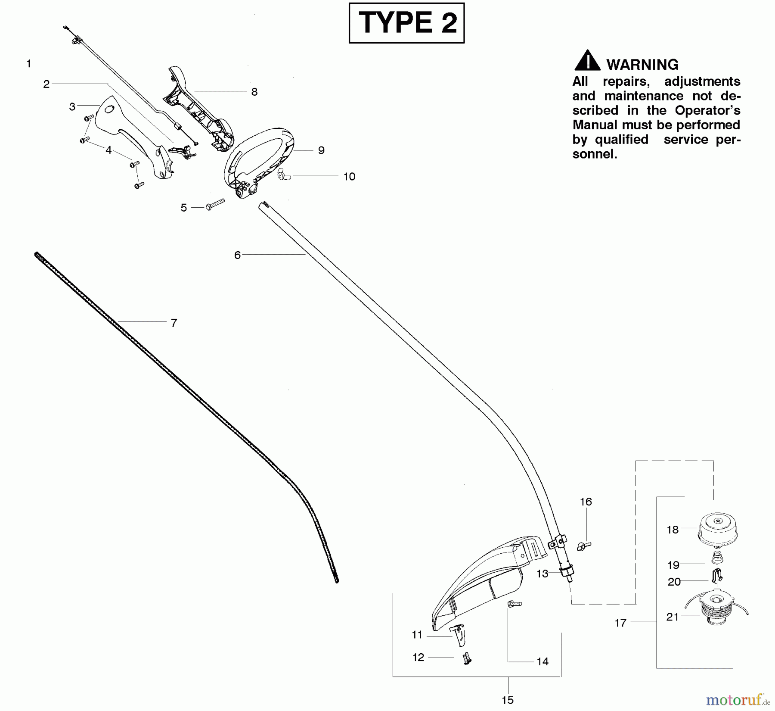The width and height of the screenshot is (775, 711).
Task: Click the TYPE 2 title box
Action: [x=406, y=23]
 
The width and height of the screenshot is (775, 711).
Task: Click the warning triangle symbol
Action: [x=587, y=61]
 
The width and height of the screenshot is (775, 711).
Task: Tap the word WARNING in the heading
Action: [x=642, y=65]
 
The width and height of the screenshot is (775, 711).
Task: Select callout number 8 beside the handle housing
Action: [x=254, y=92]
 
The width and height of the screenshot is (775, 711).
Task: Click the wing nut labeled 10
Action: [x=284, y=175]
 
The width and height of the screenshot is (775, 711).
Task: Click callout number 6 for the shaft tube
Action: [x=237, y=255]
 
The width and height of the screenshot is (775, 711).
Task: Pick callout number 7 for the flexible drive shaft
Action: [x=174, y=323]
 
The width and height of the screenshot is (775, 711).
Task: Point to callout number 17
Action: [x=620, y=623]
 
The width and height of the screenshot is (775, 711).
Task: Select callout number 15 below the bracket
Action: [x=508, y=700]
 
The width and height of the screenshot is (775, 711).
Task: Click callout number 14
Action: [x=542, y=661]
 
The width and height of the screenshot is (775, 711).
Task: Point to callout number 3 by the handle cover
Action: [x=72, y=106]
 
